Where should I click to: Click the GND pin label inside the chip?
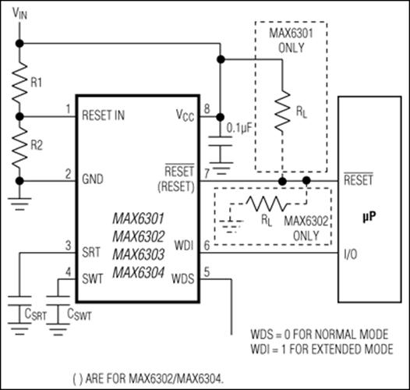coord(94,179)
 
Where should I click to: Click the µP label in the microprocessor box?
coord(371,211)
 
